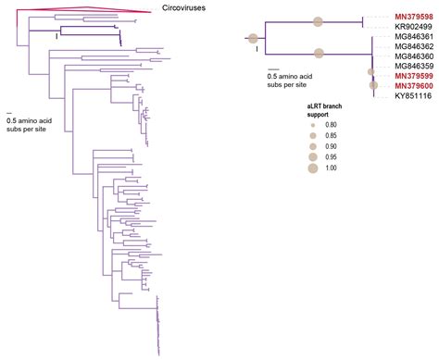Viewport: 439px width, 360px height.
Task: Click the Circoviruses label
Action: (181, 7)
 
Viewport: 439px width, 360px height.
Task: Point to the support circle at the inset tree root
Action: (252, 38)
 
